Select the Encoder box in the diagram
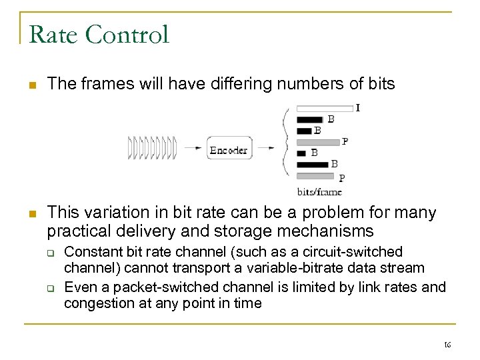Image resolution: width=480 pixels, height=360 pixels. point(229,149)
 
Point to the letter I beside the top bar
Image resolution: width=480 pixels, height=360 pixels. point(358,107)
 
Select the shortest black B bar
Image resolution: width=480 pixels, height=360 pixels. point(301,153)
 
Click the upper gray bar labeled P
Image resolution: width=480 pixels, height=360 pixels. point(317,142)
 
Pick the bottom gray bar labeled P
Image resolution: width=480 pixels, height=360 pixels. point(315,177)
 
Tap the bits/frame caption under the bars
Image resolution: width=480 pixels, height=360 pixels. point(319,192)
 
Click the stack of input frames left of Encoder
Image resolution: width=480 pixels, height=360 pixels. point(152,148)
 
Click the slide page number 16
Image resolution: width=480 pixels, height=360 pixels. point(447,345)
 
